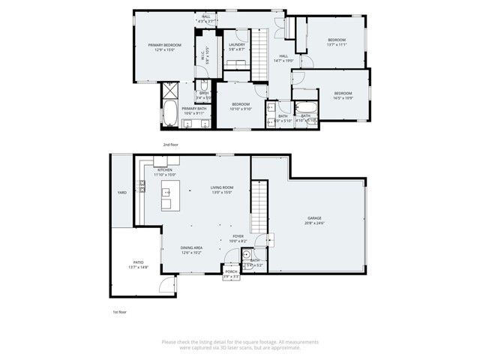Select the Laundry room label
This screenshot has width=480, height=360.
pos(236,45)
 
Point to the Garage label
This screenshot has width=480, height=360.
pos(314,218)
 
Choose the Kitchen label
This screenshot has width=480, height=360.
pos(165,170)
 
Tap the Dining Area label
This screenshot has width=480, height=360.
pos(191,248)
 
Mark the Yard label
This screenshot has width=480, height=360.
pos(121,193)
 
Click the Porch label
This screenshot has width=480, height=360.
pos(231,271)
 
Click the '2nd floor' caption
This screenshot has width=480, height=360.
pos(171,143)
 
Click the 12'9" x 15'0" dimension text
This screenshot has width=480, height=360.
pos(165,50)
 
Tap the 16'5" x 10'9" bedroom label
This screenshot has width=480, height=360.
pos(343,95)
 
